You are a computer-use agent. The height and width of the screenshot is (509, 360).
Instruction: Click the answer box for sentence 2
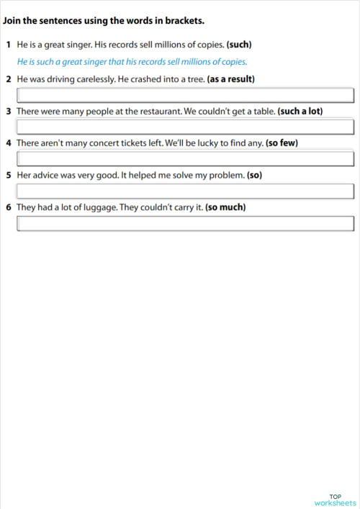(x=185, y=95)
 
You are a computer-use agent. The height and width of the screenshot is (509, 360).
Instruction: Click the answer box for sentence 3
(x=185, y=127)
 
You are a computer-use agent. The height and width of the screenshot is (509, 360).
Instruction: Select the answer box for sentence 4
(x=185, y=158)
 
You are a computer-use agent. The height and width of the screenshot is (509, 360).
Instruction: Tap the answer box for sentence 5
(x=185, y=191)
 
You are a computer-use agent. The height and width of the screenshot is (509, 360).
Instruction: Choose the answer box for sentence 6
(x=185, y=223)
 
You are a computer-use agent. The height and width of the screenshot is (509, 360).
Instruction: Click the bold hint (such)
(x=239, y=45)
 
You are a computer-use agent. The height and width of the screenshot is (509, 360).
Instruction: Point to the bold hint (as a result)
(x=230, y=78)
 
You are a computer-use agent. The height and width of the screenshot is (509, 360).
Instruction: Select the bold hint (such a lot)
(x=298, y=111)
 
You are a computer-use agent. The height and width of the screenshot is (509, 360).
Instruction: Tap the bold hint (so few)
(x=282, y=143)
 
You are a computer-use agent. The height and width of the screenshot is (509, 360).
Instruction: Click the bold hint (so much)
(x=225, y=207)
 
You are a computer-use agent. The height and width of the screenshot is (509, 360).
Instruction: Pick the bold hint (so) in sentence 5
(x=254, y=175)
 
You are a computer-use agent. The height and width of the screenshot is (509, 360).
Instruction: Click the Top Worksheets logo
(x=335, y=500)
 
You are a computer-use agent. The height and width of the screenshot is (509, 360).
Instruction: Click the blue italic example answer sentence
(x=132, y=61)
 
